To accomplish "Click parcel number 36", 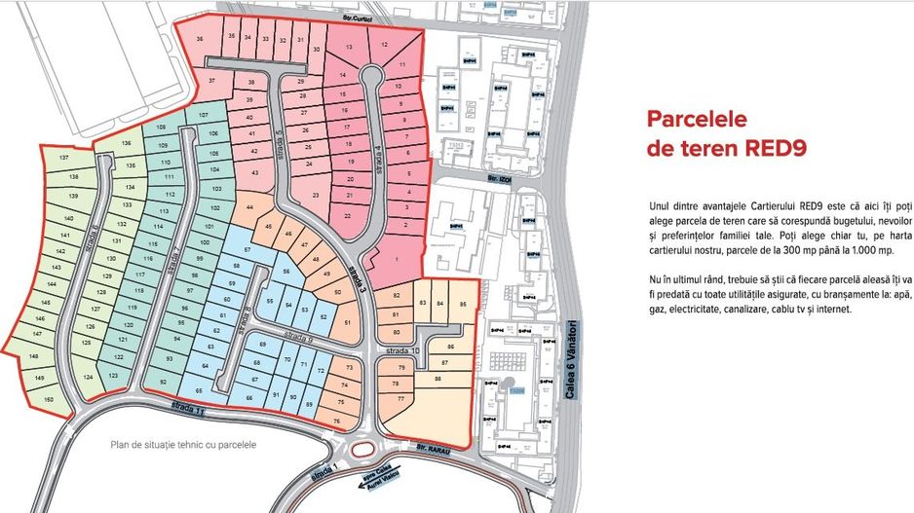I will (x=200, y=40).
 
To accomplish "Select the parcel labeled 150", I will (x=48, y=400).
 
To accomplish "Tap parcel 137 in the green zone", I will (x=64, y=158).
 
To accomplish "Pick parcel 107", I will (x=203, y=117).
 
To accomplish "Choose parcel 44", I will (x=250, y=208).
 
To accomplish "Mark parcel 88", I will (x=438, y=379).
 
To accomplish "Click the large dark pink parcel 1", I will (x=397, y=258).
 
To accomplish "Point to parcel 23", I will (x=315, y=196).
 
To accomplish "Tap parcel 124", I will (x=88, y=377).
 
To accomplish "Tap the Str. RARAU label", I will (x=429, y=449).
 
